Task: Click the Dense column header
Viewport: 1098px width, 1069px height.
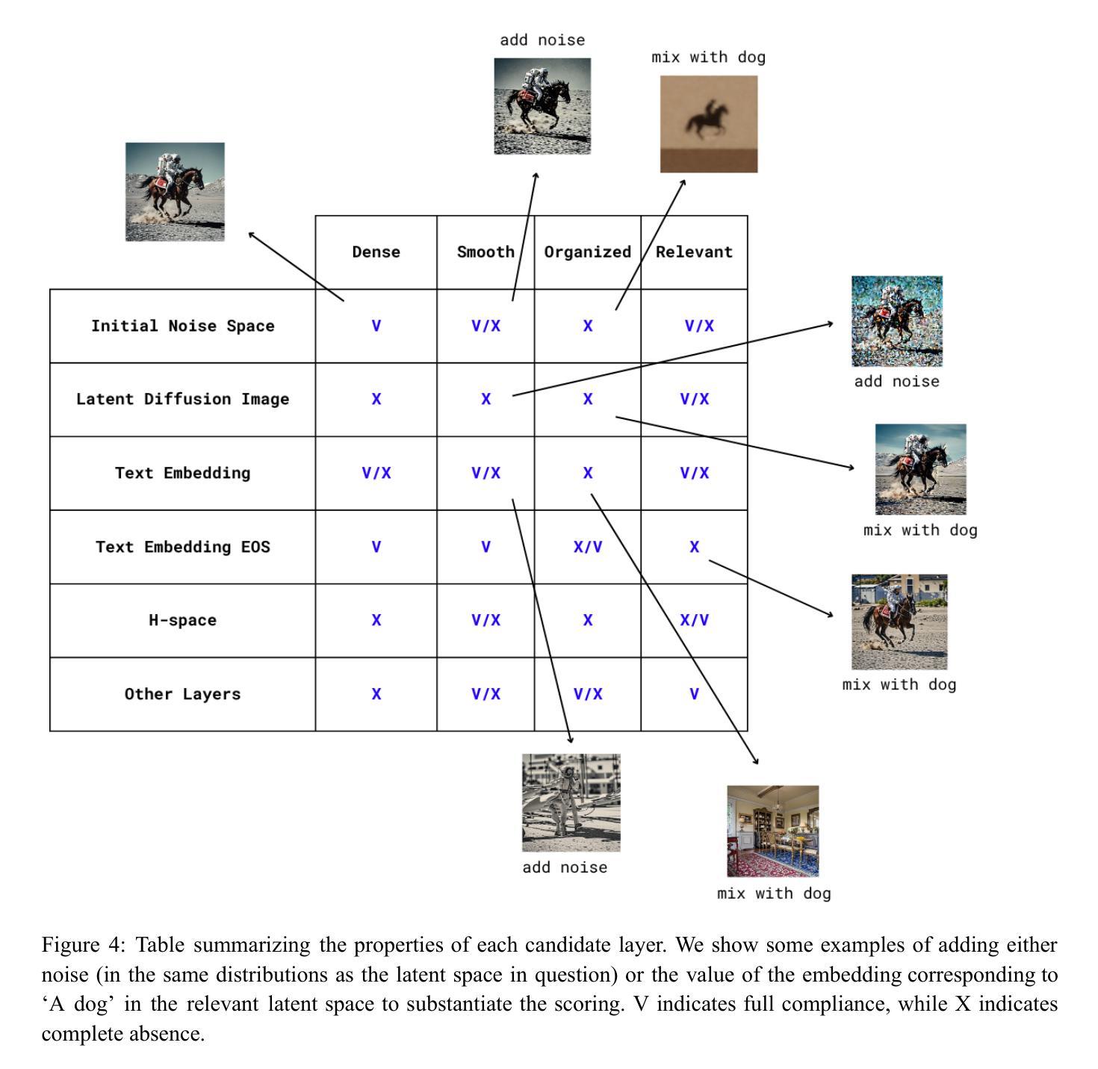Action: click(x=376, y=252)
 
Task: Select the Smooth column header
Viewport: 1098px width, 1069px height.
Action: click(x=486, y=252)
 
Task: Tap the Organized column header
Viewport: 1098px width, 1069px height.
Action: click(x=587, y=252)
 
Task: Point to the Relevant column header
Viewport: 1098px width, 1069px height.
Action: click(x=694, y=252)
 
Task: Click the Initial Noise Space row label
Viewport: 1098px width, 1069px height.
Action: click(x=182, y=326)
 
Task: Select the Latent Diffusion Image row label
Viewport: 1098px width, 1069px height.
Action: click(x=182, y=399)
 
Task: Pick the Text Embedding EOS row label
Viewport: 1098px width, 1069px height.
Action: click(x=182, y=547)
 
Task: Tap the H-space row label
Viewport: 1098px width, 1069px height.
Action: click(x=182, y=620)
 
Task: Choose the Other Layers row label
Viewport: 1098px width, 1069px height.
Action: click(x=182, y=694)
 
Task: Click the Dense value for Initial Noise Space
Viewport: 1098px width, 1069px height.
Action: click(x=376, y=326)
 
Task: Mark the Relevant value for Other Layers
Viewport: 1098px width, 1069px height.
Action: click(x=694, y=694)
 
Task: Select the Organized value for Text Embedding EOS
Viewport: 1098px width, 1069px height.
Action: click(x=587, y=547)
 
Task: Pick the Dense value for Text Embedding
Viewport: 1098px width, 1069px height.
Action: click(x=376, y=473)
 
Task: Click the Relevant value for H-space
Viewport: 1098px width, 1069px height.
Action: click(x=694, y=620)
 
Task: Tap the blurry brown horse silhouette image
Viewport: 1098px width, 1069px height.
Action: click(x=708, y=123)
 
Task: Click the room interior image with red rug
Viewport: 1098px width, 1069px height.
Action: click(x=772, y=831)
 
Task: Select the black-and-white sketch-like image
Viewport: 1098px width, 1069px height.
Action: click(x=571, y=802)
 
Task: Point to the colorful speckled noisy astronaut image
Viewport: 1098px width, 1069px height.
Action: click(x=896, y=321)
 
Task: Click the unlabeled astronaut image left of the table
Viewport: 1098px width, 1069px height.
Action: click(x=175, y=192)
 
